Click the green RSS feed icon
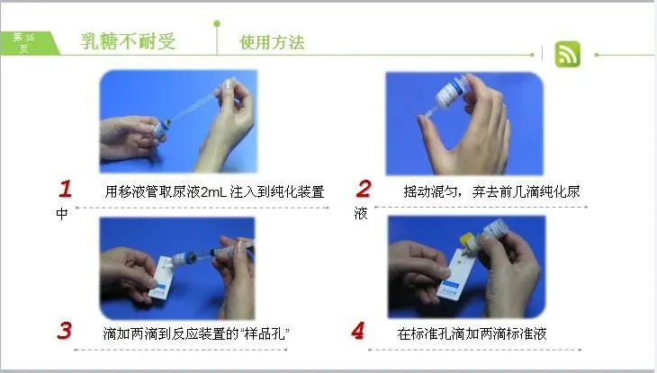[x=568, y=54]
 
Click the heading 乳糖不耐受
[x=128, y=42]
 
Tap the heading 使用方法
[x=272, y=43]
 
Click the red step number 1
[x=66, y=189]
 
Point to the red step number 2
[x=364, y=189]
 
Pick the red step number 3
[x=65, y=331]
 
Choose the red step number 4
[x=358, y=331]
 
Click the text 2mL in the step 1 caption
[x=213, y=192]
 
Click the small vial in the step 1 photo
[x=161, y=129]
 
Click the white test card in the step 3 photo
[x=162, y=278]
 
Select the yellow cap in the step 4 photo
[x=466, y=242]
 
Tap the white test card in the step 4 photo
[x=455, y=274]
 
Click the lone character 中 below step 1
[x=62, y=214]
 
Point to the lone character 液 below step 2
[x=361, y=214]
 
